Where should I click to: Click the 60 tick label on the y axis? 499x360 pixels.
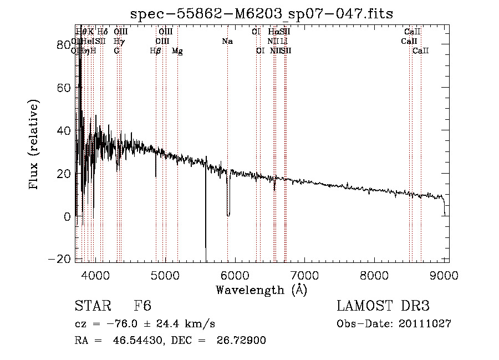tap(64, 88)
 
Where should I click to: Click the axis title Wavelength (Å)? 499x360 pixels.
tap(261, 290)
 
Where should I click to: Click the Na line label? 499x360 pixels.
tap(227, 42)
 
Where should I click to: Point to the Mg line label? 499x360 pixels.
tap(177, 51)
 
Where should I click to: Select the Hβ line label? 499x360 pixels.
tap(156, 51)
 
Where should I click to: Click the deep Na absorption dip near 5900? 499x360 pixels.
tap(228, 214)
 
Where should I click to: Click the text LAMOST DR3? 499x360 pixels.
tap(383, 306)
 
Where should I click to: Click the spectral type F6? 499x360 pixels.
tap(142, 306)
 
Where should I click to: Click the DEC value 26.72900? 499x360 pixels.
tap(243, 340)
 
